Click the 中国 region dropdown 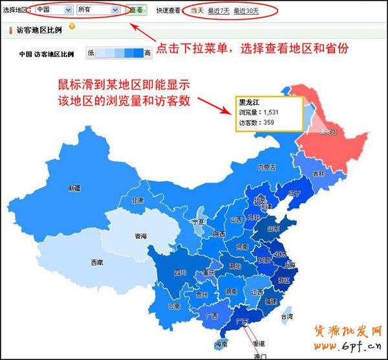pyautogui.click(x=54, y=10)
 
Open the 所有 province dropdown pyautogui.click(x=98, y=10)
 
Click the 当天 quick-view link pyautogui.click(x=197, y=10)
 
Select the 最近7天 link pyautogui.click(x=219, y=10)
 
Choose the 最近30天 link pyautogui.click(x=246, y=10)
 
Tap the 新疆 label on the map pyautogui.click(x=74, y=188)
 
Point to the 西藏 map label pyautogui.click(x=96, y=262)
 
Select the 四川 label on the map pyautogui.click(x=180, y=273)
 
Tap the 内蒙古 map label pyautogui.click(x=266, y=167)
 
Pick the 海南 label pyautogui.click(x=221, y=343)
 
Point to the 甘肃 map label pyautogui.click(x=138, y=201)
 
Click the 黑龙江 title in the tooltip pyautogui.click(x=250, y=102)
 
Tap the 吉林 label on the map pyautogui.click(x=318, y=174)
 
